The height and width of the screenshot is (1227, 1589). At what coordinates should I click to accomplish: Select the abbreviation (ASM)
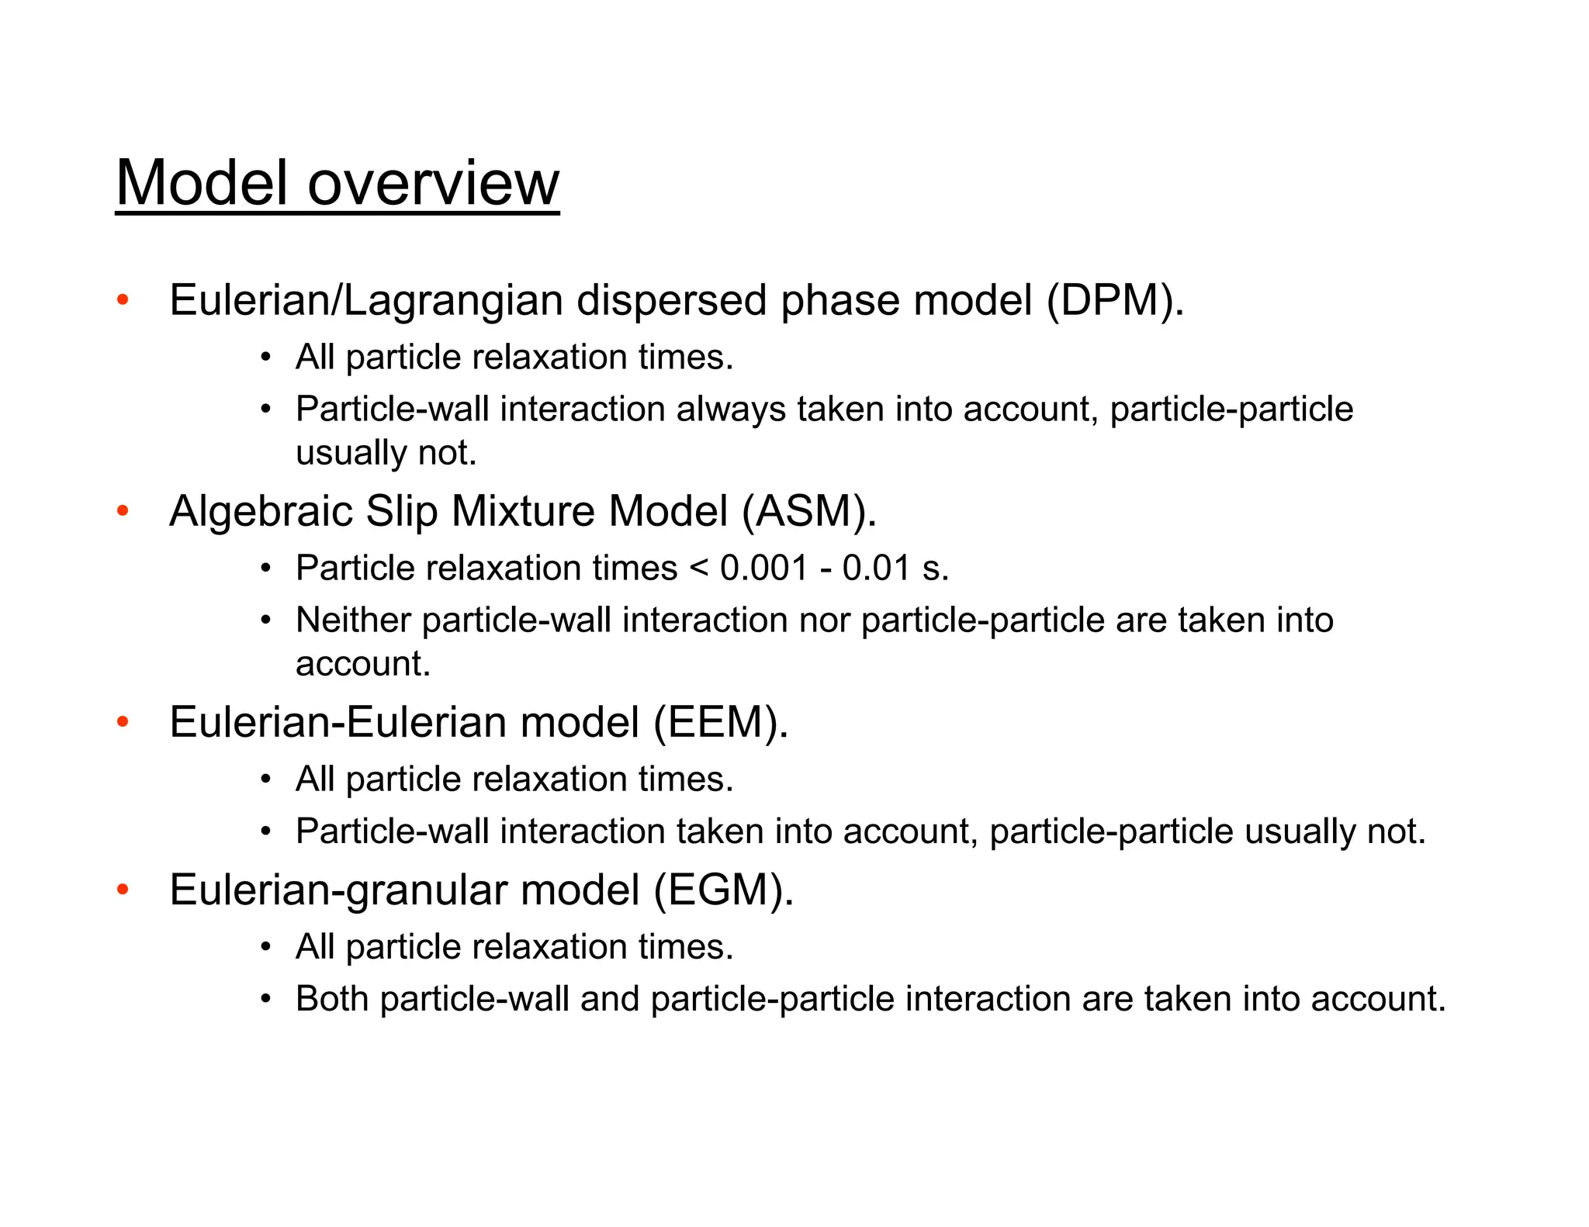click(809, 512)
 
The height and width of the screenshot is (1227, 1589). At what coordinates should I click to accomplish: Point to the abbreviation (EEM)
click(721, 723)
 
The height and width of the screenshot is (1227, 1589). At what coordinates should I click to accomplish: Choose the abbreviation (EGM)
click(724, 890)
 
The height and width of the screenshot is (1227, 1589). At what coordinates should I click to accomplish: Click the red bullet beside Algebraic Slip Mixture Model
click(123, 511)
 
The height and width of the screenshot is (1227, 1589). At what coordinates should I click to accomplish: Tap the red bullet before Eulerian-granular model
click(123, 890)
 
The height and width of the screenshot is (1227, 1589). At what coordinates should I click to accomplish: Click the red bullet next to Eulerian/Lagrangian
click(123, 300)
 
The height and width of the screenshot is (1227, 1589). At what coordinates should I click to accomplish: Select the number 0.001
click(764, 569)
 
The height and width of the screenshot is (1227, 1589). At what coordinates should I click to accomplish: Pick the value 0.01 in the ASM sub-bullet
click(876, 569)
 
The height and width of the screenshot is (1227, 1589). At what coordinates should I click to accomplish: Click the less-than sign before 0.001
click(698, 569)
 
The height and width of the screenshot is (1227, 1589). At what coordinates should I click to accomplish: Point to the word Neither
click(353, 620)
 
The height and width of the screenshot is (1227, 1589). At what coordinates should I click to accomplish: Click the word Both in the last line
click(331, 999)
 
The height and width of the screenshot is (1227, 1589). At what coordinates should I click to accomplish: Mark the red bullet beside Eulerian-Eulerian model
click(123, 722)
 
